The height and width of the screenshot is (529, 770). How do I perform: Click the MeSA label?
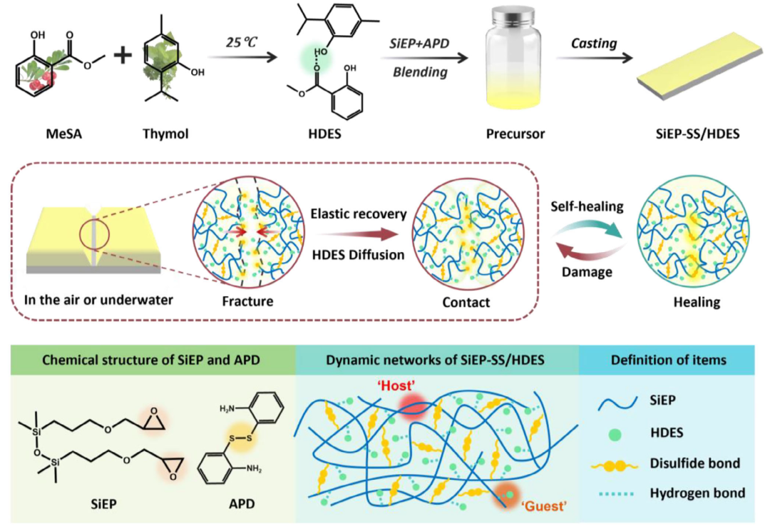point(64,133)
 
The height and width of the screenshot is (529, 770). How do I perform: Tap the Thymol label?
point(165,133)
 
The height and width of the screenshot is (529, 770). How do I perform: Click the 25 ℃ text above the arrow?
point(242,42)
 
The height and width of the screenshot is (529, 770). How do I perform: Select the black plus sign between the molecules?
point(123,54)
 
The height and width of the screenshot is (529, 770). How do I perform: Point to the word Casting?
point(594,44)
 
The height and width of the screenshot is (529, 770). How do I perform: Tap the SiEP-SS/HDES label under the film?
point(697,133)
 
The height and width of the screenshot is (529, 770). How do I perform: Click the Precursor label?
point(515,133)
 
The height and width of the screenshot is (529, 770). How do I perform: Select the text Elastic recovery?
point(359,214)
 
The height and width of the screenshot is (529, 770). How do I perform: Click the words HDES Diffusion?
point(358,255)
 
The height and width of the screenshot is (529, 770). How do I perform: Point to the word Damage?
point(587,273)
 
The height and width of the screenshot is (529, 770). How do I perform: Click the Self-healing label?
point(587,206)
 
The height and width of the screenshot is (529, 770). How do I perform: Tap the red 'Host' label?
point(396,386)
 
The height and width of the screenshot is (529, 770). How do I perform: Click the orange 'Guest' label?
point(543,506)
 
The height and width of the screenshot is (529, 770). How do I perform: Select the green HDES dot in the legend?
point(615,434)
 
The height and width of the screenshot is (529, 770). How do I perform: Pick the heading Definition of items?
point(668,361)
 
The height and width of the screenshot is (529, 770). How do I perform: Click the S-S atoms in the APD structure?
point(241,437)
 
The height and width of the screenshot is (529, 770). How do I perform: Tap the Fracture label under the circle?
point(247,301)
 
